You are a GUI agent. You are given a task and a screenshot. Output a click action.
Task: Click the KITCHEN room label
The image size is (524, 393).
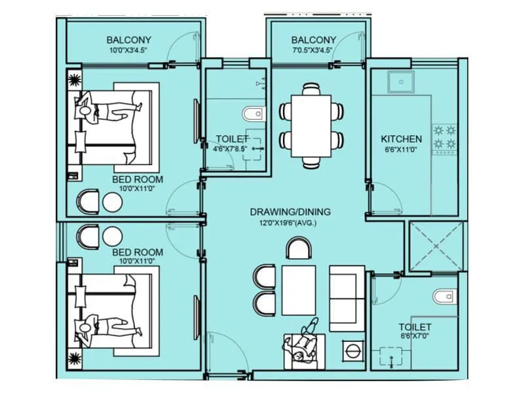pos(402,139)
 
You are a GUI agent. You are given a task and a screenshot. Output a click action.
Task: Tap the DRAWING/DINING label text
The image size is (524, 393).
pos(290,212)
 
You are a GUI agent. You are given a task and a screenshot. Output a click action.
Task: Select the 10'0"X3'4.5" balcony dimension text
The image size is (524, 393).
pos(129,50)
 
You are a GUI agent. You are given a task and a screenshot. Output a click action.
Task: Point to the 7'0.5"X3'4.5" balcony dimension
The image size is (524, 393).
pos(313,50)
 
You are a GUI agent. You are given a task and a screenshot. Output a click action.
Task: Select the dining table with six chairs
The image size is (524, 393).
pos(312,124)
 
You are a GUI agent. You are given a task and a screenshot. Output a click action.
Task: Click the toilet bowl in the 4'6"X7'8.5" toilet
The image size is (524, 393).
pos(252,115)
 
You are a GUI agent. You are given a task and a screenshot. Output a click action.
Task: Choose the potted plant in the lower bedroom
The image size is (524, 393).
pos(73,358)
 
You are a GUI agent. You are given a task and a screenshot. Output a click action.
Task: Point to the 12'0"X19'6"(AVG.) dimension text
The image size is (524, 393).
pos(290,223)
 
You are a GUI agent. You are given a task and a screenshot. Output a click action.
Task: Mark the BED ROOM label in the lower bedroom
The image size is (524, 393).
pos(137,252)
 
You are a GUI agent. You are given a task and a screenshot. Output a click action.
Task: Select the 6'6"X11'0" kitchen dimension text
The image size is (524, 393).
pos(402,149)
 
